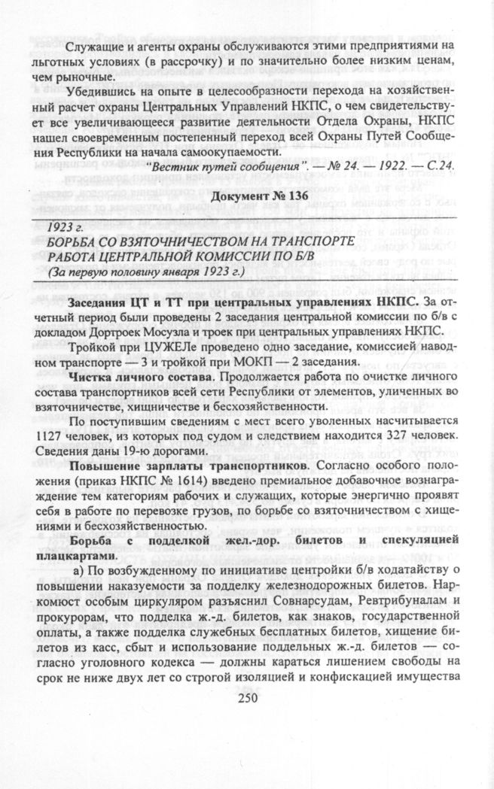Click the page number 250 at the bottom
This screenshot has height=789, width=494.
click(x=247, y=697)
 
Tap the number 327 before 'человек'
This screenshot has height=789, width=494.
click(x=390, y=436)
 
